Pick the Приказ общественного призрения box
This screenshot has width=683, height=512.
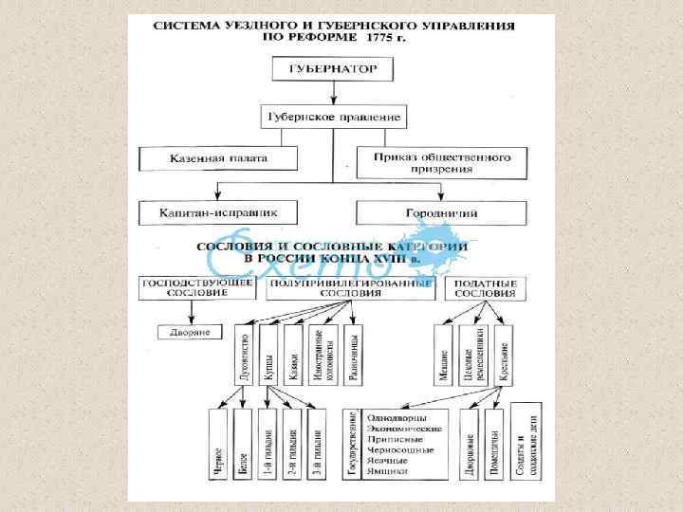(x=441, y=160)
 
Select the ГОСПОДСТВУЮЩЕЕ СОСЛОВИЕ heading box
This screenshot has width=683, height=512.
(x=185, y=288)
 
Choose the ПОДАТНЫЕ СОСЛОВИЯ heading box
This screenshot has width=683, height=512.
(x=485, y=288)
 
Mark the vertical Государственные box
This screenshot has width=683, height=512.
(x=352, y=442)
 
